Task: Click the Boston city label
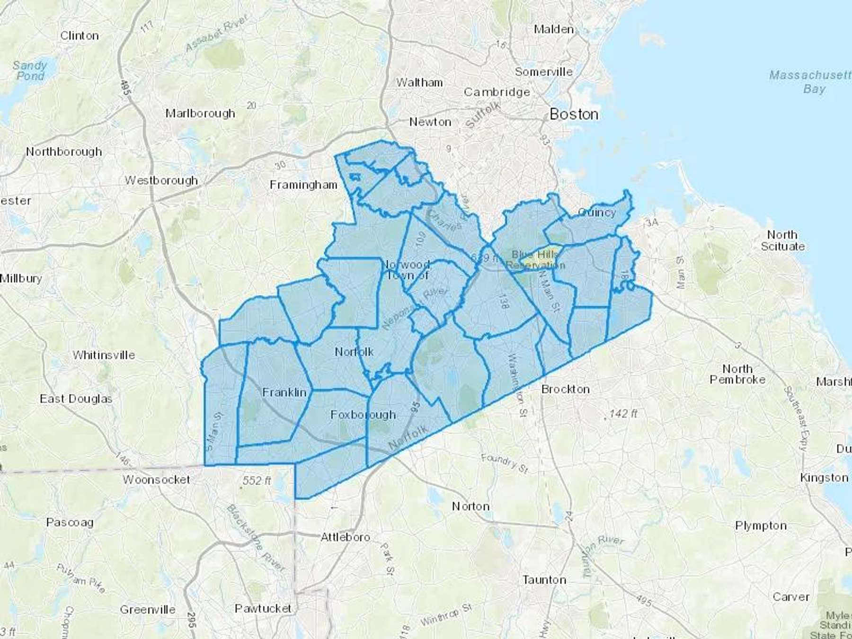coord(574,114)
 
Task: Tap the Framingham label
coord(303,185)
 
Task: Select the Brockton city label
coord(565,389)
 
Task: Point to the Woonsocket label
coord(156,479)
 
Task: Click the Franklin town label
coord(284,392)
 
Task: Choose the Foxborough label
coord(363,415)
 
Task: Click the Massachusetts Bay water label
coord(810,82)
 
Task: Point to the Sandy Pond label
coord(30,71)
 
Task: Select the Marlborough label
coord(200,114)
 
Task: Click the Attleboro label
coord(345,537)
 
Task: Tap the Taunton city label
coord(544,580)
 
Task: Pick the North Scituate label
coord(782,240)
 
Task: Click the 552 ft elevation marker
coord(257,481)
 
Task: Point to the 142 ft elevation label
coord(623,414)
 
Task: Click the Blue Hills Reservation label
coord(535,260)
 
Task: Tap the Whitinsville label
coord(104,355)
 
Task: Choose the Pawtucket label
coord(263,608)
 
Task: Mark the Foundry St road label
coord(504,463)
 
